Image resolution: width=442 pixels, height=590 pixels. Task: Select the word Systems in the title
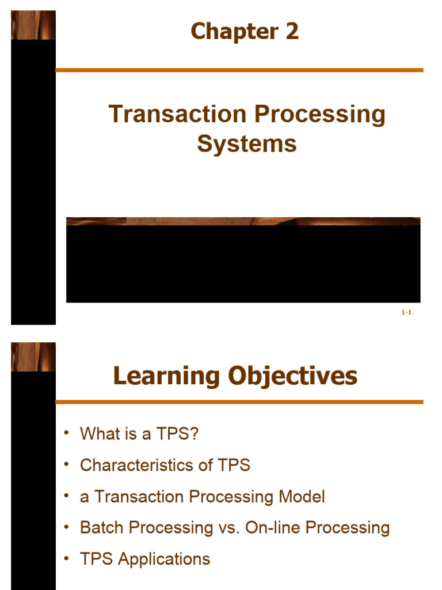pos(247,143)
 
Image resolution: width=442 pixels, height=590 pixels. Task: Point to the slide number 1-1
pos(406,312)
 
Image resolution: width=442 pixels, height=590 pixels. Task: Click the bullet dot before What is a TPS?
pos(67,432)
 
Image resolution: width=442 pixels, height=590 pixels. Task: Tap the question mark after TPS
pos(194,434)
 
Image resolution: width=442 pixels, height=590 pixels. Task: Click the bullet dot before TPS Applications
pos(67,557)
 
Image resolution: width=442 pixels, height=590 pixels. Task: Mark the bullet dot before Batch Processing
pos(67,526)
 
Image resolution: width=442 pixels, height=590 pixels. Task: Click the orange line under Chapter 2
pos(239,70)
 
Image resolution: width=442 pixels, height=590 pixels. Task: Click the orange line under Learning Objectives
pos(239,402)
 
